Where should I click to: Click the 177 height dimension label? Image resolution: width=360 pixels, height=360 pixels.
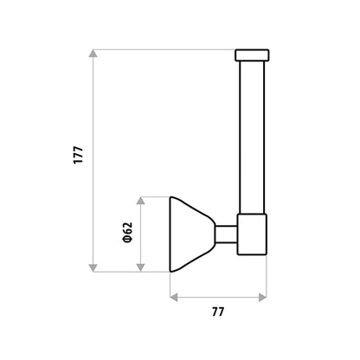point(78,156)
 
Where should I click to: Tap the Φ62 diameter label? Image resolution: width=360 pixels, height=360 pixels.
point(127,233)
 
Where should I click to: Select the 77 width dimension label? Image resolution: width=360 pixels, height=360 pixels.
point(218,312)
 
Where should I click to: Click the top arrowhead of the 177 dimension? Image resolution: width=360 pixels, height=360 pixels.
point(93,54)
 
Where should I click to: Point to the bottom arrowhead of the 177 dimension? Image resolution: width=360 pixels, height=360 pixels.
point(93,267)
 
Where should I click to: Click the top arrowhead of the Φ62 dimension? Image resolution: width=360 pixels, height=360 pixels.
point(140,201)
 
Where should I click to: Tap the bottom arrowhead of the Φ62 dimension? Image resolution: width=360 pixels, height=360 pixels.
point(140,267)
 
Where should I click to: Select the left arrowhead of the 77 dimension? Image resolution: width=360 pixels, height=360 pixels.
point(174,297)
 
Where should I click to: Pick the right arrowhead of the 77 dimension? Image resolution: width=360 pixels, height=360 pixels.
point(262,297)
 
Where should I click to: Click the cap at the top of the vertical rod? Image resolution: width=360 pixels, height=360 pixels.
point(252,55)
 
